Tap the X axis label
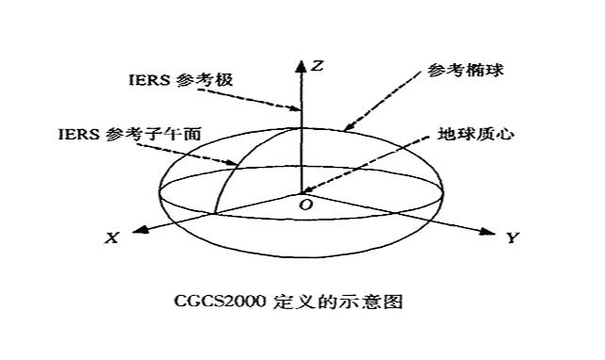111,239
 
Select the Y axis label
512,238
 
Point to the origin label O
304,205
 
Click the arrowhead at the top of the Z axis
302,64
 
